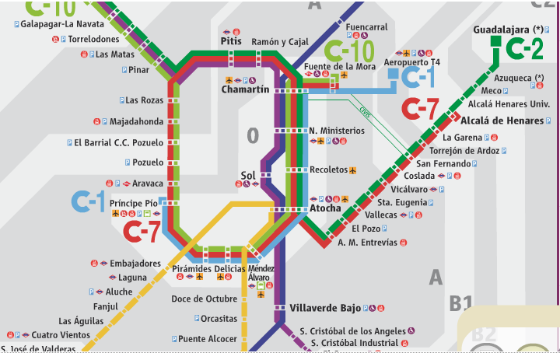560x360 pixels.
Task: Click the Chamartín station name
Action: coord(245,90)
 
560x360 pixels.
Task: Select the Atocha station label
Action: coord(325,208)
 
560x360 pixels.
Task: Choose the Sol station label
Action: coord(248,175)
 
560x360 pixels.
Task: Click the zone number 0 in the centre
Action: coord(252,136)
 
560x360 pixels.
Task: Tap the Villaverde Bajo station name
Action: coord(325,308)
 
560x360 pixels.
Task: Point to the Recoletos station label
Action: coord(328,170)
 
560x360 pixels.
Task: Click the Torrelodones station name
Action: coord(93,39)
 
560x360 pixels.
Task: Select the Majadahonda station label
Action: coord(137,121)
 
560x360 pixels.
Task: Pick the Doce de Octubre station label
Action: coord(204,299)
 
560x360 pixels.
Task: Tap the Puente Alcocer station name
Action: coord(207,339)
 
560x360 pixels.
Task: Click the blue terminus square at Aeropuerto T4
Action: coord(394,75)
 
